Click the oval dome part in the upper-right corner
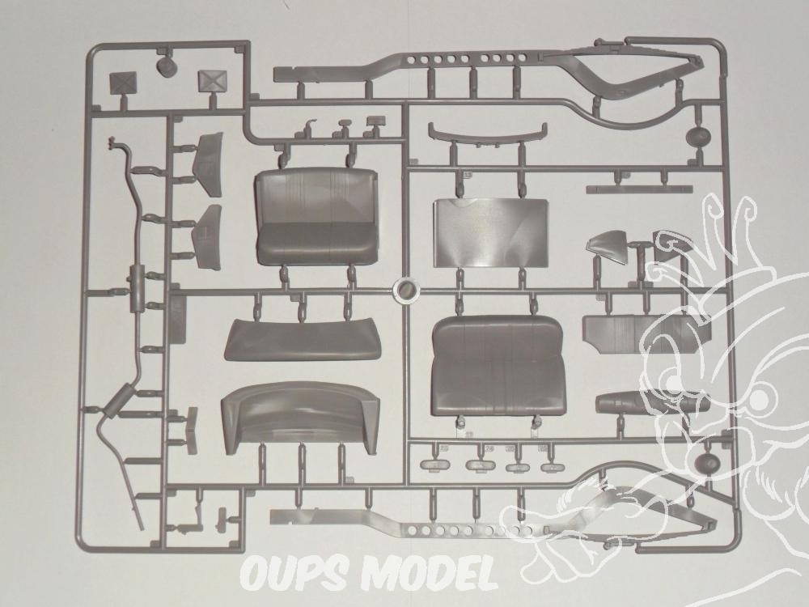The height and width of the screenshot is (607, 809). [698, 136]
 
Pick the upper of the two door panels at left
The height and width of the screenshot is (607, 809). [207, 163]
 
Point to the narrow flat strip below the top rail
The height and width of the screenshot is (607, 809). [640, 189]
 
